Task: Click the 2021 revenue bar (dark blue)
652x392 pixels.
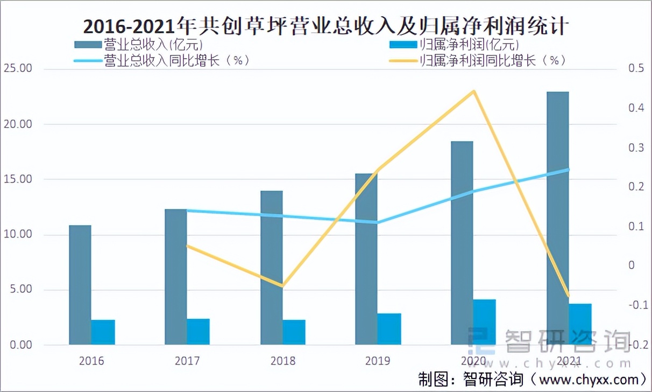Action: point(557,215)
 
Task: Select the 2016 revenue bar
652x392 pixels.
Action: point(80,285)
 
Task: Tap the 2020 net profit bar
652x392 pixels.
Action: point(484,322)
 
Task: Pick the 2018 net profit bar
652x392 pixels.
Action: point(294,332)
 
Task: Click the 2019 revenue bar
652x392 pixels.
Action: point(366,258)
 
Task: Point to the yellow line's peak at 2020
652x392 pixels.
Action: point(473,91)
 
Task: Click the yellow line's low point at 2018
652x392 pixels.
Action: point(282,286)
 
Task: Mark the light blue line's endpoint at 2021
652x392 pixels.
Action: point(569,170)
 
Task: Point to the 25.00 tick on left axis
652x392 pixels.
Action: point(17,69)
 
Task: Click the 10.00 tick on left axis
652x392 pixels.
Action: point(17,235)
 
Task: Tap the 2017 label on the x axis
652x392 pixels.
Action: point(187,361)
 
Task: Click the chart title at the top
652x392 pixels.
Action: point(326,25)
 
